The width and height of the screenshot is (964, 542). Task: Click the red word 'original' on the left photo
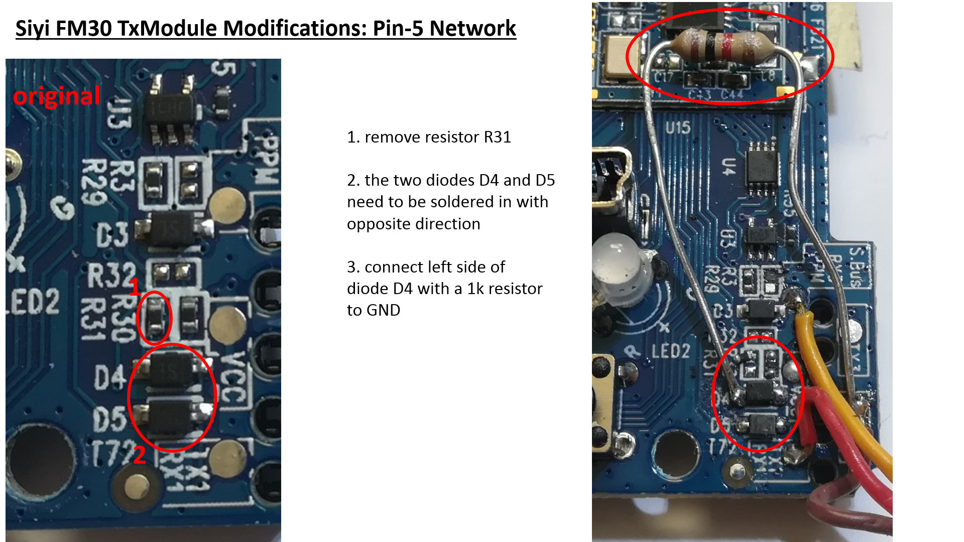coord(56,96)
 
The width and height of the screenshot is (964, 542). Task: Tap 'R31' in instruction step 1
coord(497,137)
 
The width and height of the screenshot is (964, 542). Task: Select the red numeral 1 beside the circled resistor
coord(134,288)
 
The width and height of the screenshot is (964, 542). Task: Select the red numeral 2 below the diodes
coord(139,455)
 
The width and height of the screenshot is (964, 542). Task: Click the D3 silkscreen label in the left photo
coord(111,234)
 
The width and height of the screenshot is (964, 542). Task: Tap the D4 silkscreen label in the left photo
coord(109,377)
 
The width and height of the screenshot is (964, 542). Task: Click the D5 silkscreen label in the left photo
coord(109,419)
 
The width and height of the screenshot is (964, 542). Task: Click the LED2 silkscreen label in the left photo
coord(32,302)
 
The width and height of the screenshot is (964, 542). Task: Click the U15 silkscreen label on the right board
coord(678,127)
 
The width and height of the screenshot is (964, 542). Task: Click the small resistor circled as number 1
coord(155,317)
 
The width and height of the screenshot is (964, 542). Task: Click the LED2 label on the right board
coord(671,351)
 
